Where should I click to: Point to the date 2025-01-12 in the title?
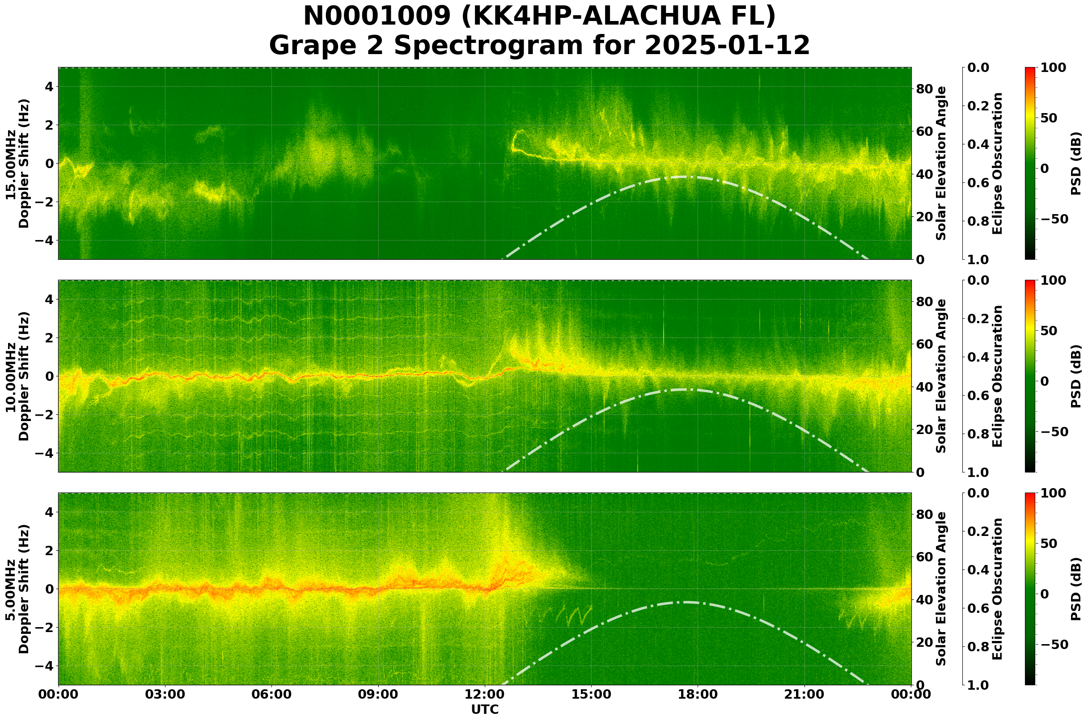coord(727,46)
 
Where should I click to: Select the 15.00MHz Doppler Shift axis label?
coord(17,164)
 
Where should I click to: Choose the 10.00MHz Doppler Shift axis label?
coord(17,376)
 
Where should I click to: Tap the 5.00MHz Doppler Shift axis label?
coord(17,589)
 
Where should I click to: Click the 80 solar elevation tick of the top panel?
coord(924,89)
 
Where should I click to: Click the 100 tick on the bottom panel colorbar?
coord(1053,493)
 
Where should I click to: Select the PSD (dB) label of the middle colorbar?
coord(1075,376)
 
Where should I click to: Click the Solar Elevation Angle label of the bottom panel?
coord(941,589)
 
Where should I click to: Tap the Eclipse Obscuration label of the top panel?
coord(997,164)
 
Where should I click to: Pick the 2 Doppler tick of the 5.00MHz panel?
coord(48,550)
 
